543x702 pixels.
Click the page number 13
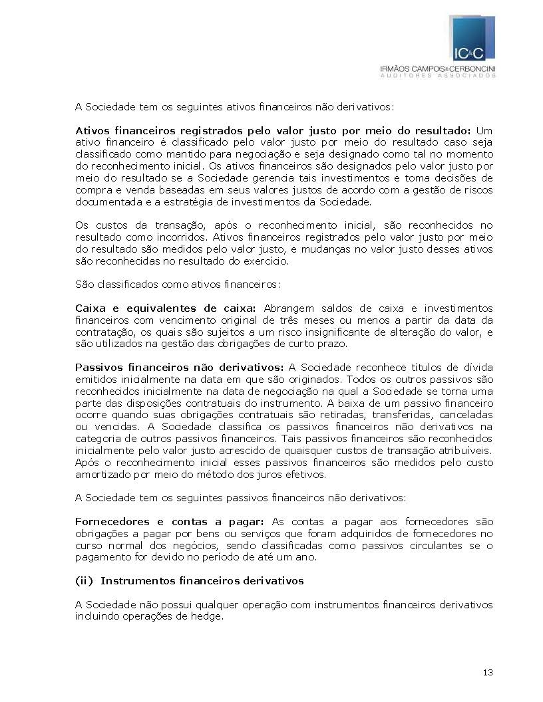(x=488, y=673)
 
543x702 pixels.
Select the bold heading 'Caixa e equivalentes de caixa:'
(x=165, y=308)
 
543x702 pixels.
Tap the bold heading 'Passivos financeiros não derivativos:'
(x=179, y=367)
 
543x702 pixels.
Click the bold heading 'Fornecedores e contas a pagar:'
(x=170, y=522)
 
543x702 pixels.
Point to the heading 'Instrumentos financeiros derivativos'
(x=202, y=581)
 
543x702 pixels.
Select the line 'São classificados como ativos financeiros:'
(x=178, y=285)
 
